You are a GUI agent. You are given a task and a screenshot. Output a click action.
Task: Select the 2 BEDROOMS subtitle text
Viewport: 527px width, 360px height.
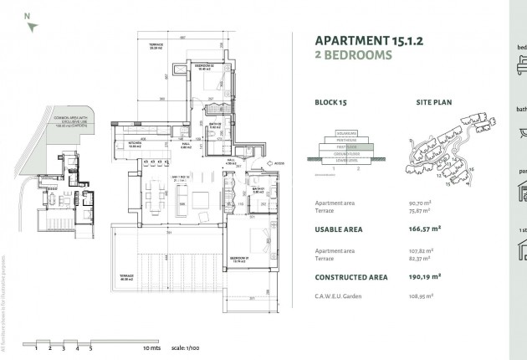pos(353,56)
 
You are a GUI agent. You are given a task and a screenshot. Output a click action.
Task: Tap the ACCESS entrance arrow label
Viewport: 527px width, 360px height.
pos(279,163)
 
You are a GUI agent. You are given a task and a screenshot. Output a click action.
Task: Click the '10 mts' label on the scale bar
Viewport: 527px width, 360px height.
pos(151,346)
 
